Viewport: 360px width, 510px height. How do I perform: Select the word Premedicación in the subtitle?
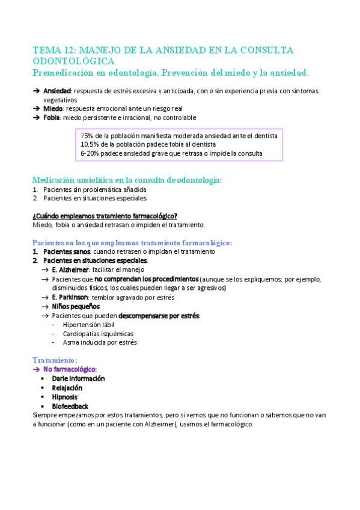(65, 73)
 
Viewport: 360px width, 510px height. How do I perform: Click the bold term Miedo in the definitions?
(53, 108)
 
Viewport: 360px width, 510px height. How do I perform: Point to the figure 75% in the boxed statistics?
(87, 136)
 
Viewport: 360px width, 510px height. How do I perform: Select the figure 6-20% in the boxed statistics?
(91, 153)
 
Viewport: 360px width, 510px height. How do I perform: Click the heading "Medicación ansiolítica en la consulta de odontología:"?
(127, 180)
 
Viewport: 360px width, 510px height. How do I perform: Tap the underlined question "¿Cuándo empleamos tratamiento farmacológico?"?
(105, 216)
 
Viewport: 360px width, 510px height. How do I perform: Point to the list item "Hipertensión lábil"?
(88, 324)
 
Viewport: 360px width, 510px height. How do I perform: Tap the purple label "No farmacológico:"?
(70, 369)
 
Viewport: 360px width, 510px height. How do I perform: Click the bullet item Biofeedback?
(70, 406)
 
